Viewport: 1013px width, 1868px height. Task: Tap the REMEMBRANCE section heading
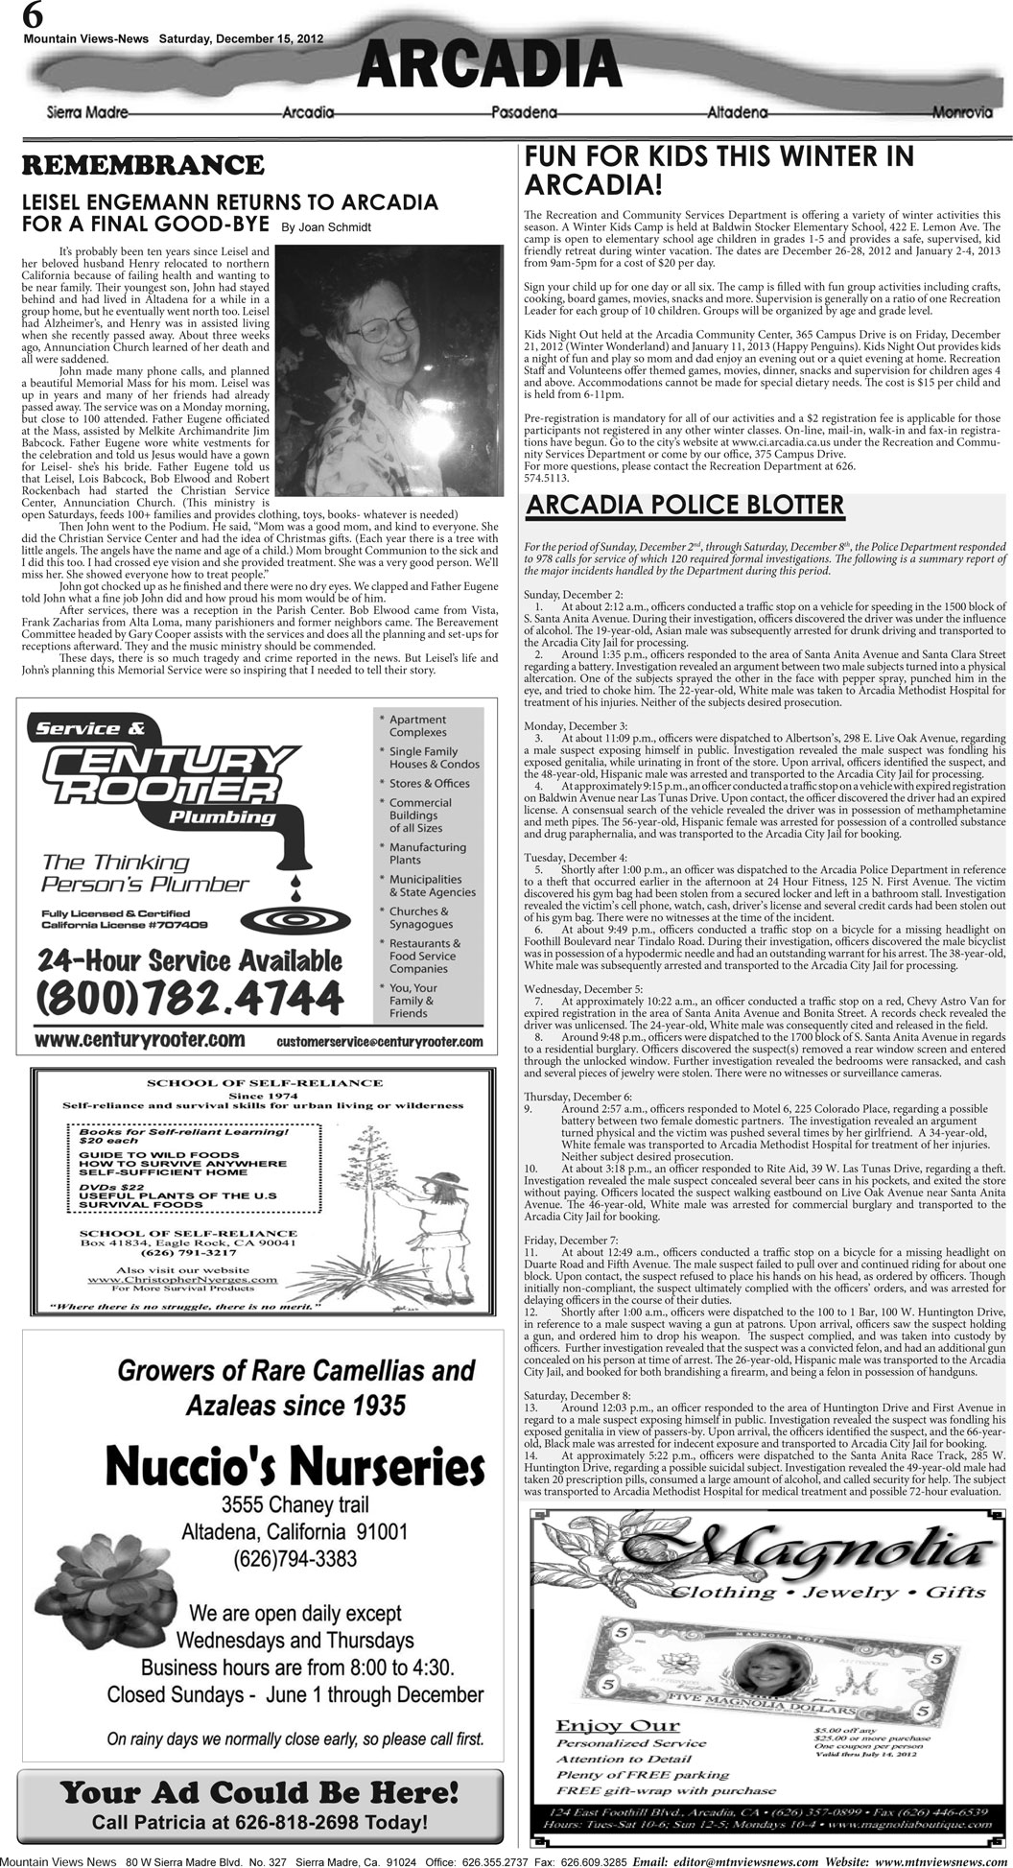(x=143, y=165)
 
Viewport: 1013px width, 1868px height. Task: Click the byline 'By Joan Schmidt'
(x=325, y=227)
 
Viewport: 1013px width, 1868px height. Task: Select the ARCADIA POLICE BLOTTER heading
(x=685, y=505)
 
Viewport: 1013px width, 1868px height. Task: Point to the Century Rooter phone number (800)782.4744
(x=189, y=998)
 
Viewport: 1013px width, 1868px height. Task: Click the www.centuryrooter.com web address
(x=139, y=1040)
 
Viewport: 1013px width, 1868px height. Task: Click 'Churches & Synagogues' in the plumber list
(x=418, y=917)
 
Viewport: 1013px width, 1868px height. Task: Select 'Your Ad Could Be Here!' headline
(x=259, y=1791)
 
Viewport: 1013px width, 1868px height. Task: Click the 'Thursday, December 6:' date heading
(x=577, y=1096)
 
